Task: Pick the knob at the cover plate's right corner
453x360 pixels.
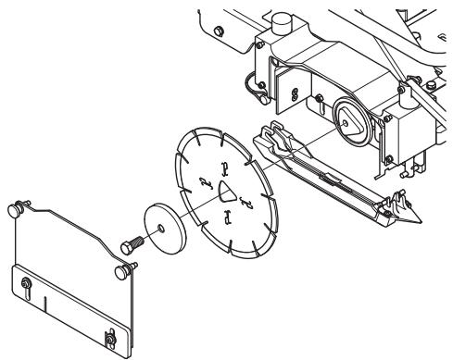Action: tap(120, 271)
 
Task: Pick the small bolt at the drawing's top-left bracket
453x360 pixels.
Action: tap(218, 31)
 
